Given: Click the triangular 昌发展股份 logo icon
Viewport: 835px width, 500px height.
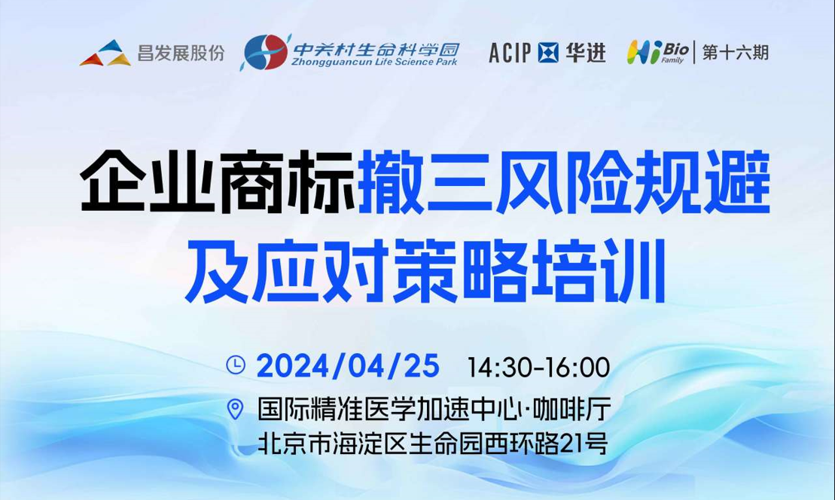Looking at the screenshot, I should click(105, 53).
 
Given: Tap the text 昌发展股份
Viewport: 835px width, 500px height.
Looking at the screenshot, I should click(181, 53).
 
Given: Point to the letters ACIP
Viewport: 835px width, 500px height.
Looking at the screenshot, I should click(510, 53).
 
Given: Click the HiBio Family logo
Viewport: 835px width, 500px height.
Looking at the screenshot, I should click(655, 53).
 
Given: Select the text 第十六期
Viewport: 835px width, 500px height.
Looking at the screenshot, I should click(735, 53).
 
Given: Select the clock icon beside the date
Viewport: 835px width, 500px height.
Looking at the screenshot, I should click(236, 364).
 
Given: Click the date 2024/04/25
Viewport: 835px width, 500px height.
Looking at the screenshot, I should click(347, 366).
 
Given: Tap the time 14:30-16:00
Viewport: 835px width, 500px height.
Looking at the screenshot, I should click(538, 367).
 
